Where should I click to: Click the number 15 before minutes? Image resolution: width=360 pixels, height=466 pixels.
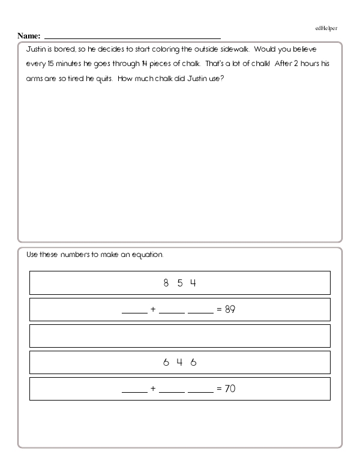click(x=47, y=64)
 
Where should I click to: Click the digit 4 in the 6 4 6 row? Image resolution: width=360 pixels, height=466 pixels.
click(x=179, y=362)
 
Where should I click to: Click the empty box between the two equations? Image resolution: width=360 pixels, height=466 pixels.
click(x=180, y=336)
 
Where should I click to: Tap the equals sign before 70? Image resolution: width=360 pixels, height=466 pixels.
click(x=219, y=389)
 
